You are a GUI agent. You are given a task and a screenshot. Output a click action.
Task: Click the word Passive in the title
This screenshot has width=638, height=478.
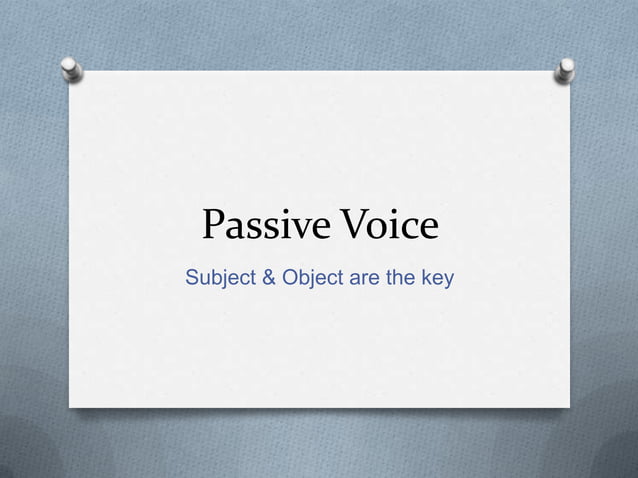coord(260,227)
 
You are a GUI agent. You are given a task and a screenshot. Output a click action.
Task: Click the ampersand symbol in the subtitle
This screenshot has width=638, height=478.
coord(268,277)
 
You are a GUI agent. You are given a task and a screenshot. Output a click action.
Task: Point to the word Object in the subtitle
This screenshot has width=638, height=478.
coord(313,277)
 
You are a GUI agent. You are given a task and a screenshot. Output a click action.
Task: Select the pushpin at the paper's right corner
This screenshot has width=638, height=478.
coord(566,69)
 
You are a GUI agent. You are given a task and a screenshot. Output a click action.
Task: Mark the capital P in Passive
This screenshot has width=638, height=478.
coord(214,227)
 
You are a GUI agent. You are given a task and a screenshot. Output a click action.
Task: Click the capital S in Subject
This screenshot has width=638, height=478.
coord(192,277)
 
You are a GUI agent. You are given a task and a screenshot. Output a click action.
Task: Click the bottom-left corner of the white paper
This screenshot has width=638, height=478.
coord(69,405)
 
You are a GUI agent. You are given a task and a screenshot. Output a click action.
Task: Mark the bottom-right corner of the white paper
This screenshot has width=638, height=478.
coord(569,407)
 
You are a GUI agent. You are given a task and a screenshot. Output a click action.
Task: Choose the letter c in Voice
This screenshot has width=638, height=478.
coord(405,230)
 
